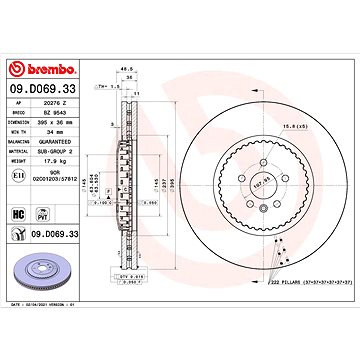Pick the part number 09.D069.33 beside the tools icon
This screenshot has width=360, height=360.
pyautogui.click(x=56, y=235)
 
